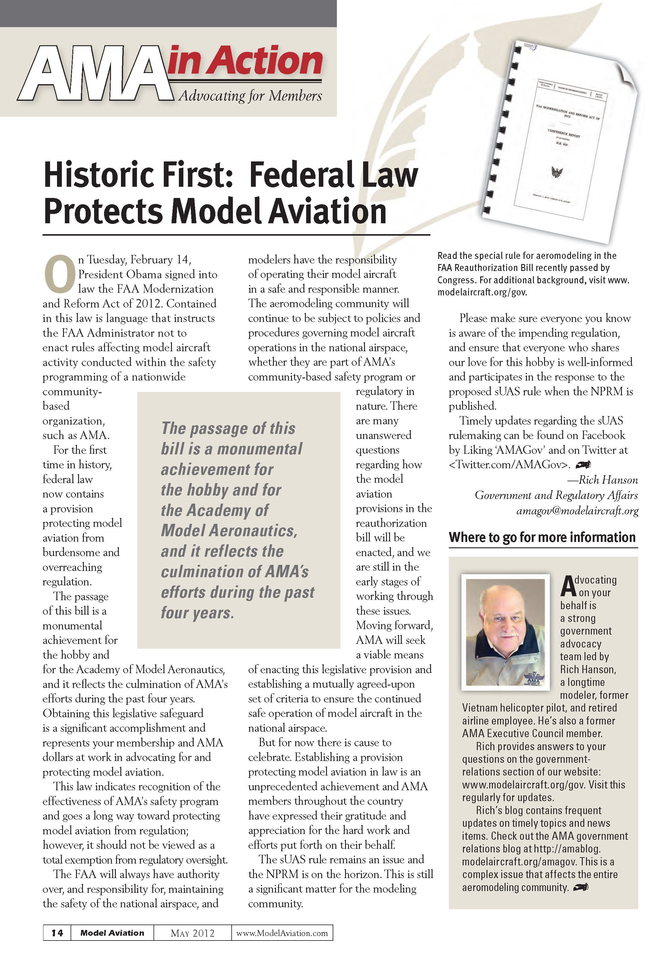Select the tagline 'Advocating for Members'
[250, 96]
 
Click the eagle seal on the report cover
[557, 171]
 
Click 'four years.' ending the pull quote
[198, 613]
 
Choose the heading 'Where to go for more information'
[542, 537]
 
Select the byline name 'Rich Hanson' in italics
[608, 480]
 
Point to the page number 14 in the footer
[57, 933]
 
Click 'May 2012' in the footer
[192, 933]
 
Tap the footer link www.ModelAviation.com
[282, 933]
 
